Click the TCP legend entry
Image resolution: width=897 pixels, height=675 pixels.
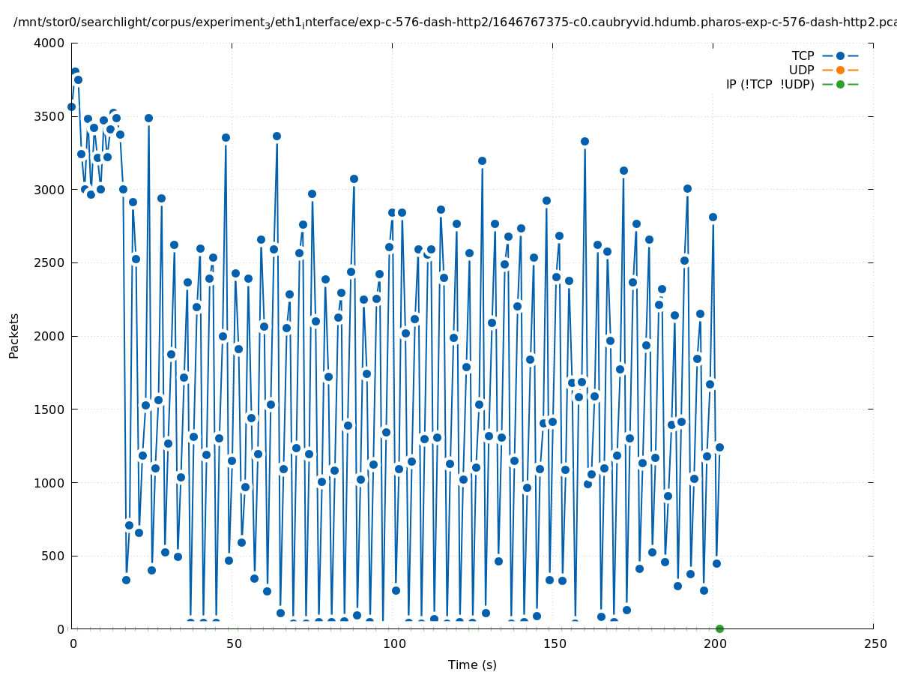tap(803, 56)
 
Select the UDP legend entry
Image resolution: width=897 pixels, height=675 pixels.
tap(801, 70)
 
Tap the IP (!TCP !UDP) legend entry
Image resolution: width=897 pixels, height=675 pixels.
tap(770, 85)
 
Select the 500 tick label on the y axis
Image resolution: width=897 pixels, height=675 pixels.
tap(55, 556)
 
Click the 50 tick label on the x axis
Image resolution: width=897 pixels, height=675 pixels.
tap(232, 644)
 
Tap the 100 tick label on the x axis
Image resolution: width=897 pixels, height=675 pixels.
tap(393, 644)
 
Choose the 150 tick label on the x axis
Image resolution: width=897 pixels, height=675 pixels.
tap(553, 644)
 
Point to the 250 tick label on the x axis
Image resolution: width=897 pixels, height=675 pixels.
tap(874, 644)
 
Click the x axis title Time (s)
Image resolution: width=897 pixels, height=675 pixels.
tap(472, 665)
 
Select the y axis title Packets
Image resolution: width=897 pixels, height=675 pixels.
tap(14, 336)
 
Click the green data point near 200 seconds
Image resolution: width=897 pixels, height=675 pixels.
tap(719, 628)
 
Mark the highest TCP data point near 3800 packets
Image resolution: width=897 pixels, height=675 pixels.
tap(75, 72)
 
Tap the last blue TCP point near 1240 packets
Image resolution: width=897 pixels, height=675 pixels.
tap(719, 447)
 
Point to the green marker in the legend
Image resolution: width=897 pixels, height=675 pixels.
tap(840, 85)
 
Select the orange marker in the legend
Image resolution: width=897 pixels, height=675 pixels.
tap(840, 70)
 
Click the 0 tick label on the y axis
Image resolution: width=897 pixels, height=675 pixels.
tap(61, 629)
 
